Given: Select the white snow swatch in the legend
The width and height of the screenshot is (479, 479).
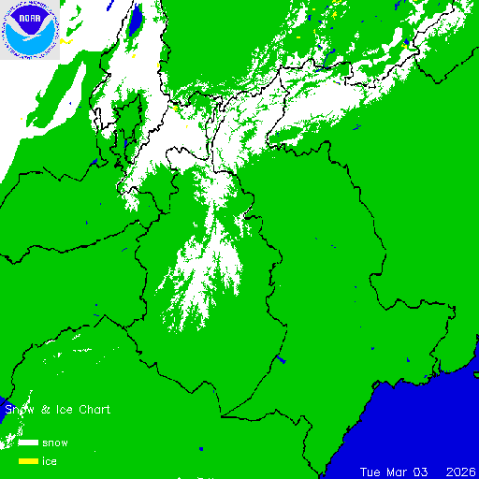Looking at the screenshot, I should pyautogui.click(x=28, y=443).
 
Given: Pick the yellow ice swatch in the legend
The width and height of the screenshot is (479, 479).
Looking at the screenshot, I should pyautogui.click(x=28, y=461).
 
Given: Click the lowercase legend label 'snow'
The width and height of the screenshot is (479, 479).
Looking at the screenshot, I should pyautogui.click(x=54, y=443).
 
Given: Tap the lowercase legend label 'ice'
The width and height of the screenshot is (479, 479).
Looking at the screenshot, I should pyautogui.click(x=49, y=461).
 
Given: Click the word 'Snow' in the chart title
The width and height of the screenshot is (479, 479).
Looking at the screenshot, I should pyautogui.click(x=19, y=410).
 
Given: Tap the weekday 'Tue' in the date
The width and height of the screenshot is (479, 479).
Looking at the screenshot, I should pyautogui.click(x=371, y=471).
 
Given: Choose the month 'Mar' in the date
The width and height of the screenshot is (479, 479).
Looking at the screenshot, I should pyautogui.click(x=399, y=471).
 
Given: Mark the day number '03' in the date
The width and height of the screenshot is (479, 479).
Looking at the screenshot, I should pyautogui.click(x=426, y=471).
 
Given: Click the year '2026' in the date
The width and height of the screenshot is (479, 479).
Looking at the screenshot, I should pyautogui.click(x=461, y=471).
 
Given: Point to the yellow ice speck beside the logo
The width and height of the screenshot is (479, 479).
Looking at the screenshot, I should pyautogui.click(x=65, y=42).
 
